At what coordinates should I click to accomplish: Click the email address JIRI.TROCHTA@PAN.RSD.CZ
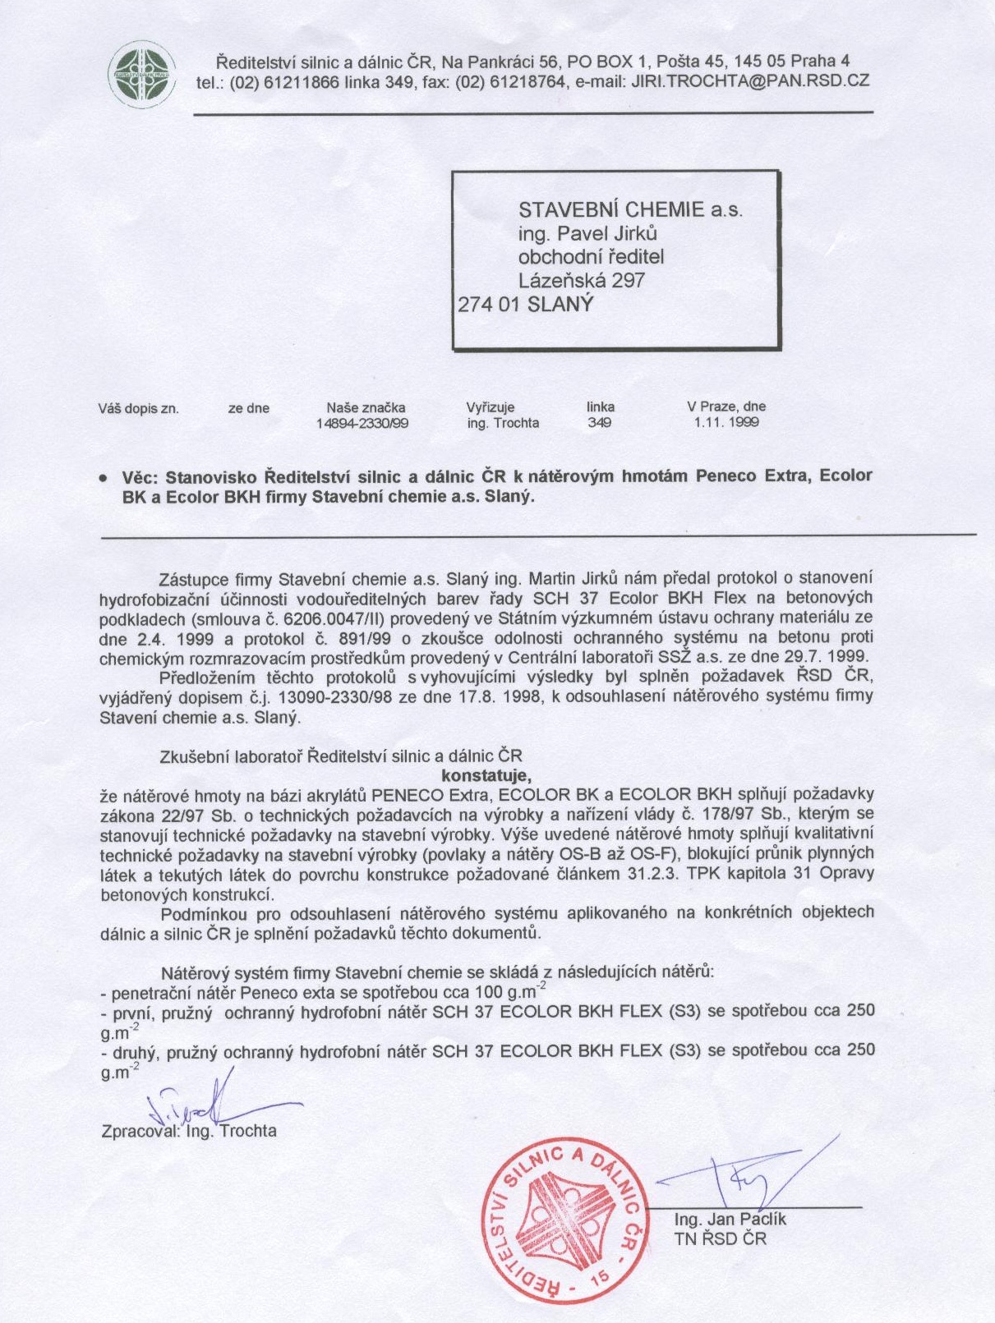[750, 81]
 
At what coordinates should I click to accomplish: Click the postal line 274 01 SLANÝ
[525, 304]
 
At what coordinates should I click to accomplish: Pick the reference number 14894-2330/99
[362, 424]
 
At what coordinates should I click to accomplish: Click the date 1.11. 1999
[726, 423]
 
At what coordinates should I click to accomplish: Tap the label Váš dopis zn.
[139, 408]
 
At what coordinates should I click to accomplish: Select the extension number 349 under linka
[600, 423]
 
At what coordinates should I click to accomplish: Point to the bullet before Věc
[104, 477]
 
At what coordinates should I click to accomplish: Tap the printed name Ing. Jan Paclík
[730, 1220]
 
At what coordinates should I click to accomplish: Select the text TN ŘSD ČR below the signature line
[720, 1238]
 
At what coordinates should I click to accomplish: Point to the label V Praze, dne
[726, 407]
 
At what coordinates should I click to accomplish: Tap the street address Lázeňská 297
[581, 281]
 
